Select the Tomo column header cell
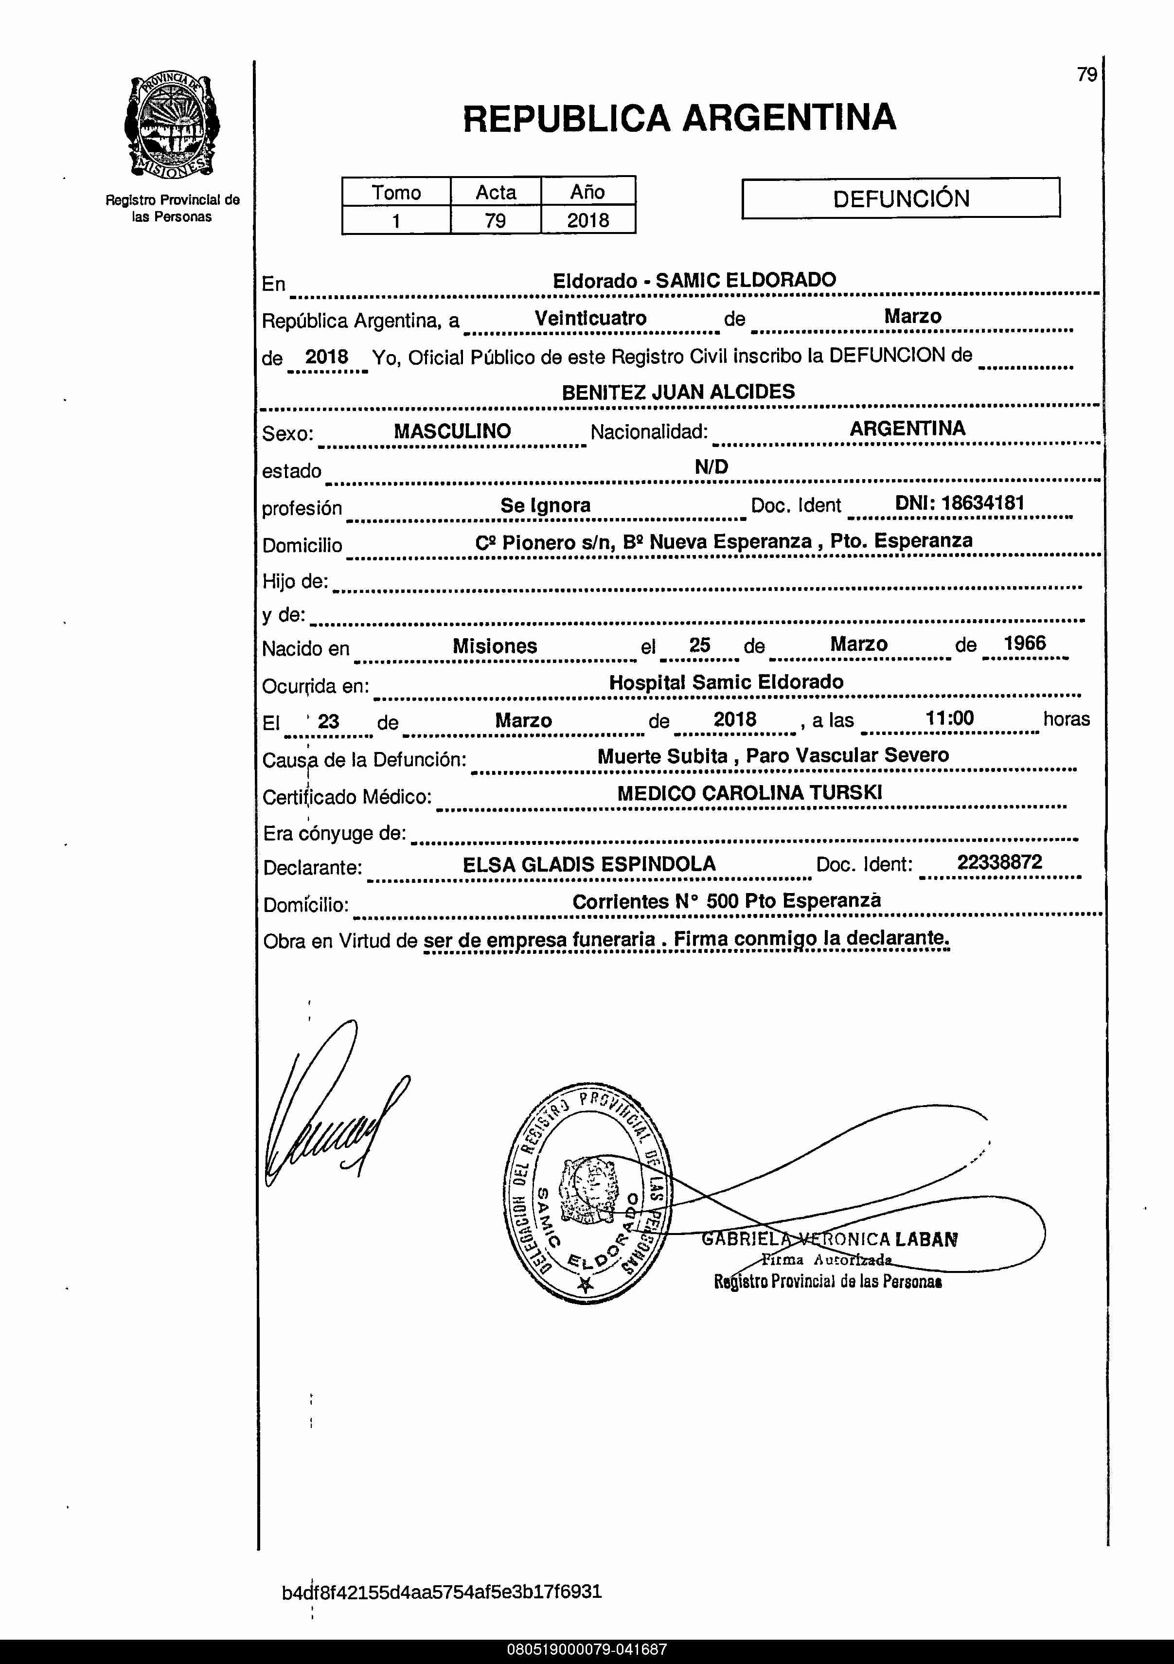(396, 192)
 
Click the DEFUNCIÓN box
(901, 198)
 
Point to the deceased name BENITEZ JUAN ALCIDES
(678, 392)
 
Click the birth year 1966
(1025, 644)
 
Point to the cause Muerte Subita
(662, 756)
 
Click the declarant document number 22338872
(999, 862)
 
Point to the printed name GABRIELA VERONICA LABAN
(830, 1240)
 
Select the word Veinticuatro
(590, 318)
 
